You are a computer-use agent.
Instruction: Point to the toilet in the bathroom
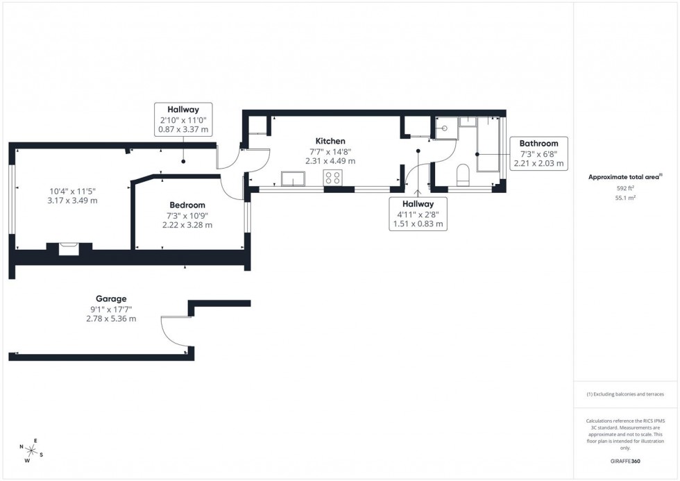[464, 174]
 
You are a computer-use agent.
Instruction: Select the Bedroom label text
[187, 205]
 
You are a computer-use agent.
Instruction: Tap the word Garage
[111, 299]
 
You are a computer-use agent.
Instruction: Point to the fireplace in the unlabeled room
[69, 248]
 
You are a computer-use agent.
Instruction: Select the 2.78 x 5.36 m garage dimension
[111, 319]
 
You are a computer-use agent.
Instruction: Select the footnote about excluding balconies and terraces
[625, 394]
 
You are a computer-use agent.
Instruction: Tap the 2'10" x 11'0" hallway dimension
[183, 120]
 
